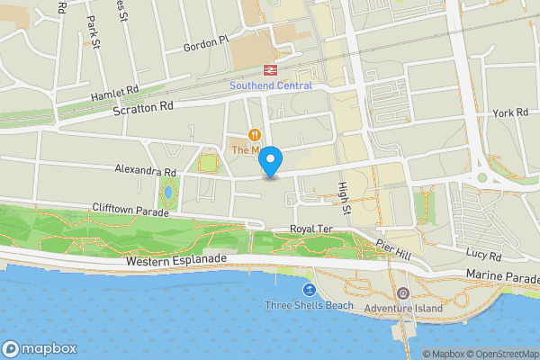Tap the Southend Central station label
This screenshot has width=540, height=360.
[270, 85]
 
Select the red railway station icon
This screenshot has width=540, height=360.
[269, 69]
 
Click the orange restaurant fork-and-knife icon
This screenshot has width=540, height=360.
[255, 134]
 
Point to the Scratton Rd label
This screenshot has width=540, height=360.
[143, 106]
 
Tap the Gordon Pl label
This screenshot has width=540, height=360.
[207, 44]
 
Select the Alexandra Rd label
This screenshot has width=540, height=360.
[144, 169]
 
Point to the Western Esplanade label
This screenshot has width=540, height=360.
[177, 261]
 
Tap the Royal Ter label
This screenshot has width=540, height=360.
[311, 229]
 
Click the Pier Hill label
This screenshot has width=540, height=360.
[393, 249]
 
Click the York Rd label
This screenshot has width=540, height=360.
[509, 112]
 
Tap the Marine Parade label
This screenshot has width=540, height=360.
[502, 275]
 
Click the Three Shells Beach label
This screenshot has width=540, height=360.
[310, 306]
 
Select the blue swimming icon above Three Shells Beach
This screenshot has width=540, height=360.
[310, 290]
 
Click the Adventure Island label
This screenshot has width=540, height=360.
[403, 308]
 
